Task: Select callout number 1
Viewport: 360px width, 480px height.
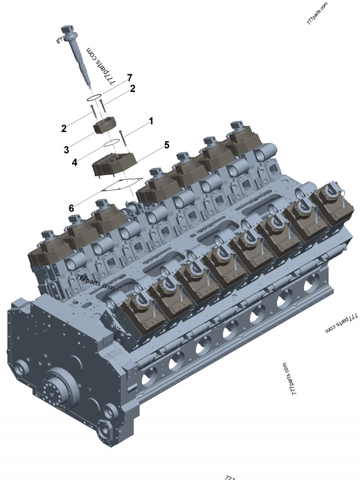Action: click(x=151, y=121)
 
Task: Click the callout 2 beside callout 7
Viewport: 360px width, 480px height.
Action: click(x=132, y=89)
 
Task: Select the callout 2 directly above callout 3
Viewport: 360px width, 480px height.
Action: click(x=64, y=128)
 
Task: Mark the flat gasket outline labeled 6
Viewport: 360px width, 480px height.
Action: click(x=119, y=184)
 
